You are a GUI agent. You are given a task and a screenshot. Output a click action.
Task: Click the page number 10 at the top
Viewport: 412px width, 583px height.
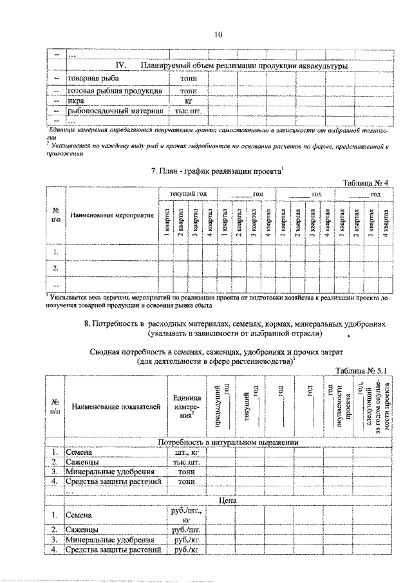click(x=218, y=35)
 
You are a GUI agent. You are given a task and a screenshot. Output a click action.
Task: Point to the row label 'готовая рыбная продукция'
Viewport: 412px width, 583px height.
click(x=109, y=90)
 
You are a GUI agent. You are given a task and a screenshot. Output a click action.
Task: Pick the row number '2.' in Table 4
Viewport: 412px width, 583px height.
click(x=56, y=267)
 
